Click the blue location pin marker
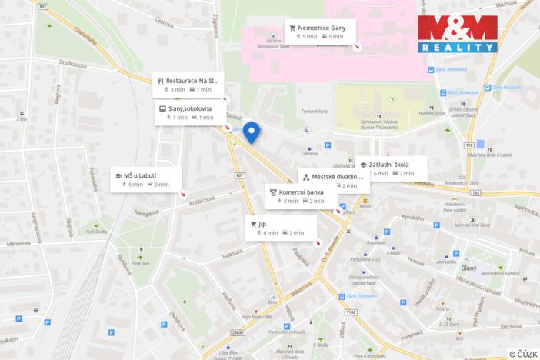(252, 133)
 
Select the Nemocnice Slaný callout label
(320, 31)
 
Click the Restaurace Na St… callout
(187, 84)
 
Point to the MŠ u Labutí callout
(146, 179)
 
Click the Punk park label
(140, 263)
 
